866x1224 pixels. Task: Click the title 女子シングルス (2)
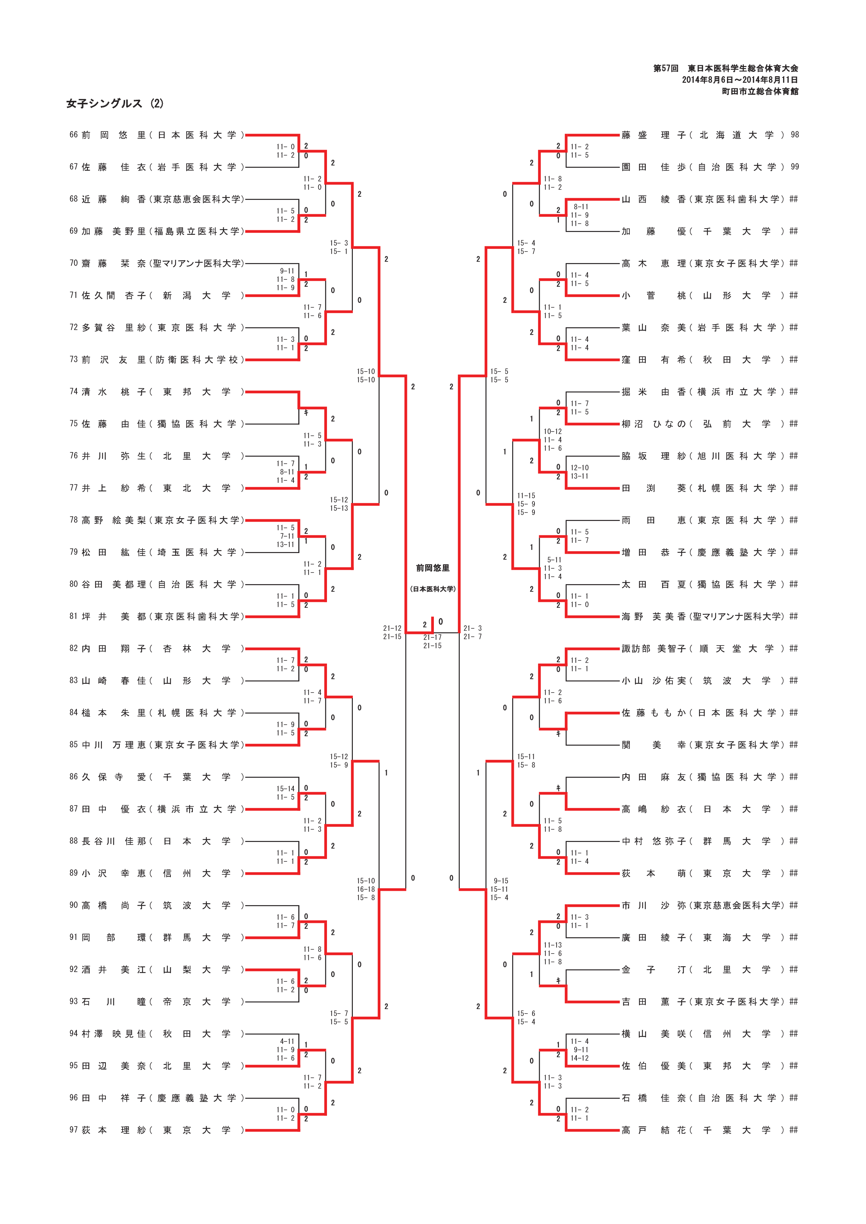pyautogui.click(x=115, y=103)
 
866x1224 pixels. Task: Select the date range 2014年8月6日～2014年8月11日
pyautogui.click(x=740, y=80)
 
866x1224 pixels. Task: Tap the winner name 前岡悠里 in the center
pyautogui.click(x=433, y=568)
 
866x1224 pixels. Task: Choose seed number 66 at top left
pyautogui.click(x=74, y=135)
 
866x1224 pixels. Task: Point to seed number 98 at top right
pyautogui.click(x=794, y=135)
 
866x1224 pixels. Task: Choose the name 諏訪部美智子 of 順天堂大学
pyautogui.click(x=654, y=649)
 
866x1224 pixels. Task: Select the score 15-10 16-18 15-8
pyautogui.click(x=366, y=889)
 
